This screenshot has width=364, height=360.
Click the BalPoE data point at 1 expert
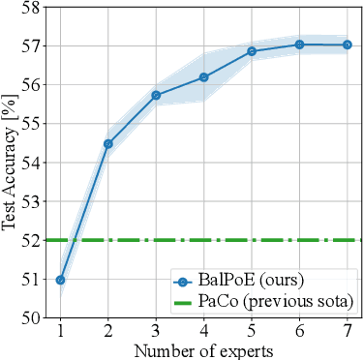(61, 280)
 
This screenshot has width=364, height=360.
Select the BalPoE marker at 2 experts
(108, 143)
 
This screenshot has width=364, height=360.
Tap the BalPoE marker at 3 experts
(156, 95)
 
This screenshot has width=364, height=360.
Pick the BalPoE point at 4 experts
(203, 77)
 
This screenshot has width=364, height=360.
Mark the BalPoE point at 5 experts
(251, 51)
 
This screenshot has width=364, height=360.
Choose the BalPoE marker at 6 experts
(298, 45)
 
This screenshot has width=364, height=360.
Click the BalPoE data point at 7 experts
(347, 45)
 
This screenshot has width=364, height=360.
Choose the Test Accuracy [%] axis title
(9, 163)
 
